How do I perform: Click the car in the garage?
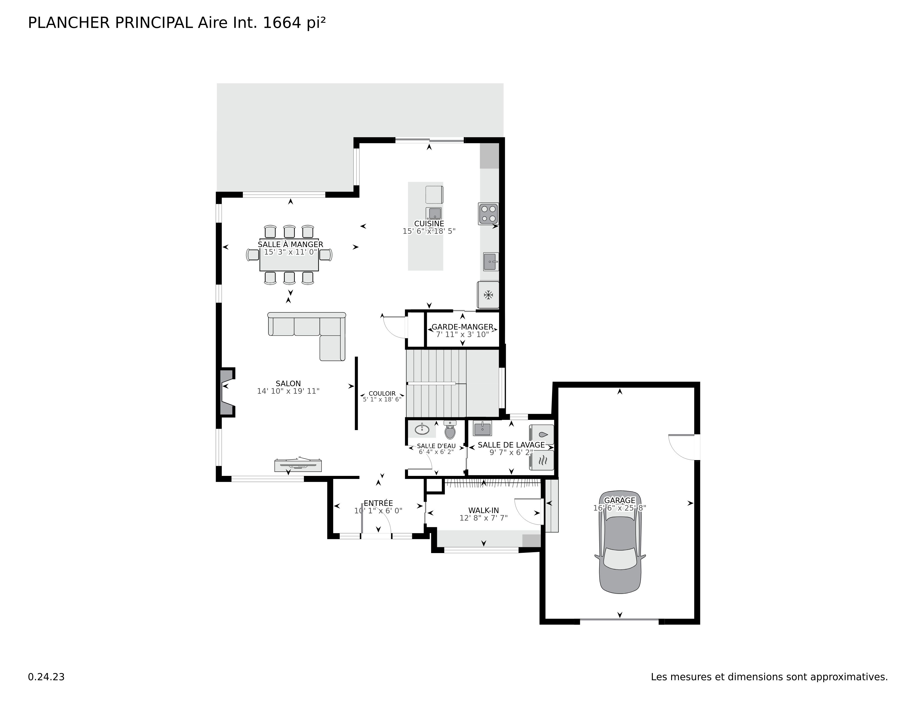(x=620, y=542)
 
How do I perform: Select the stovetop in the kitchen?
(x=488, y=214)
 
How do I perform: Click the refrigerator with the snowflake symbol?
(x=488, y=295)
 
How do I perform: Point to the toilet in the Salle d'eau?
(x=450, y=430)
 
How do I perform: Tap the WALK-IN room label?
(x=484, y=510)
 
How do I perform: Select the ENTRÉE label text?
(x=378, y=503)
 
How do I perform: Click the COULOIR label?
(x=382, y=393)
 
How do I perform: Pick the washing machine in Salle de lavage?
(x=542, y=435)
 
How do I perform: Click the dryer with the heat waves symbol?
(x=542, y=460)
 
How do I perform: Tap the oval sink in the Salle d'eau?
(x=422, y=430)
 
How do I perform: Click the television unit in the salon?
(x=298, y=465)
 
